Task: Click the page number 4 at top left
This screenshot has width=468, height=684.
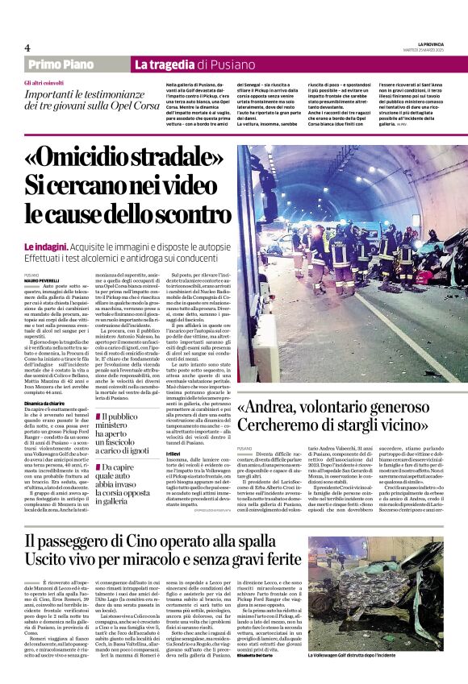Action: [x=27, y=48]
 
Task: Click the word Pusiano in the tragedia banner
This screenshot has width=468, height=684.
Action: [x=234, y=64]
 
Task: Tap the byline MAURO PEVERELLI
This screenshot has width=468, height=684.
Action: [x=41, y=280]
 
